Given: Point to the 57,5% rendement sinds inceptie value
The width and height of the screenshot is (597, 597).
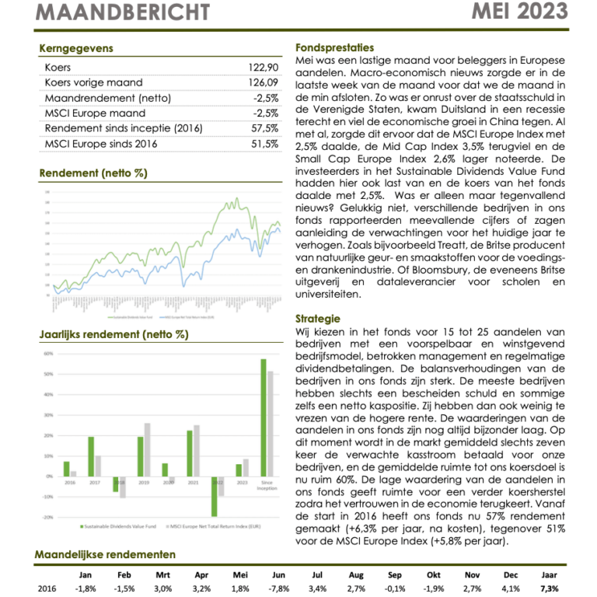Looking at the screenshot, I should [265, 128].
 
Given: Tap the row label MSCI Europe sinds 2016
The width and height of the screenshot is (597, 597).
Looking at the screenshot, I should [101, 144].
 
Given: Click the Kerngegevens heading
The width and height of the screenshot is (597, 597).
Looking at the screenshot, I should [75, 48].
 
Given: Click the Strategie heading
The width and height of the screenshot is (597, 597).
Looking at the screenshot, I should [318, 319].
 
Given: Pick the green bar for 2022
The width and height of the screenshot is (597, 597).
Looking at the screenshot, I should [214, 496].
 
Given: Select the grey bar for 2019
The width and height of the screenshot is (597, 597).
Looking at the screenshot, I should [148, 449].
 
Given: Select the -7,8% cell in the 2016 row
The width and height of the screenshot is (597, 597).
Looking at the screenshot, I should [279, 588].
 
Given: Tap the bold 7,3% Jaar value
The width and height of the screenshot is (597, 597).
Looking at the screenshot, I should [550, 588].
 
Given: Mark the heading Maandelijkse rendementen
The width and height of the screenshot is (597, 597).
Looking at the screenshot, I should [105, 555].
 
